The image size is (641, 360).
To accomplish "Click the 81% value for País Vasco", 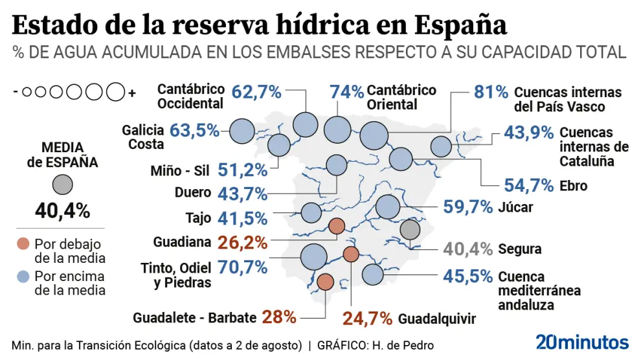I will [x=491, y=93].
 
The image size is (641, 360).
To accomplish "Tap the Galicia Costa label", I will [x=142, y=137].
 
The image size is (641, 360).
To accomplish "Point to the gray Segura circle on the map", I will [x=410, y=229].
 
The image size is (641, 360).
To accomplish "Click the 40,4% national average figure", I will [x=62, y=210].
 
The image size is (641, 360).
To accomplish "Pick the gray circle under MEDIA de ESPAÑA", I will [x=62, y=185].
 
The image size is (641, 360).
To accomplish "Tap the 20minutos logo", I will [x=582, y=343].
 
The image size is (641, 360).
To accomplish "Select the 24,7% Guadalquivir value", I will [x=367, y=319].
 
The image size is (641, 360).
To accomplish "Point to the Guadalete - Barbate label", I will [x=195, y=318].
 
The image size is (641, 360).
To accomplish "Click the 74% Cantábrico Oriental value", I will [x=346, y=92].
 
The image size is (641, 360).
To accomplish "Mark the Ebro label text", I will [x=573, y=186].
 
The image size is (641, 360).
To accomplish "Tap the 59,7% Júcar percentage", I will [x=468, y=207].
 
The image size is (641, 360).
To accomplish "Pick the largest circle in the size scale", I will [x=116, y=93].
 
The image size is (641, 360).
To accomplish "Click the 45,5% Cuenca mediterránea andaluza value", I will [x=468, y=276].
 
